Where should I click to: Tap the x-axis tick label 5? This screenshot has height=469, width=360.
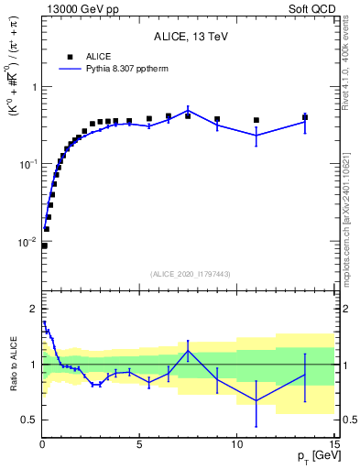pos(139,444)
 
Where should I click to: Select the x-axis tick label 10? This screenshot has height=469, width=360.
pos(236,444)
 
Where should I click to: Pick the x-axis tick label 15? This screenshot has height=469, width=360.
pos(333,444)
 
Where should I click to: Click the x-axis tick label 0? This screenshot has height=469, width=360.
pos(42,444)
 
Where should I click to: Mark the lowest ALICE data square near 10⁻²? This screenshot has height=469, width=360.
pos(44,245)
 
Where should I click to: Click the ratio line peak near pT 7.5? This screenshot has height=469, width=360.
pos(188,351)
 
